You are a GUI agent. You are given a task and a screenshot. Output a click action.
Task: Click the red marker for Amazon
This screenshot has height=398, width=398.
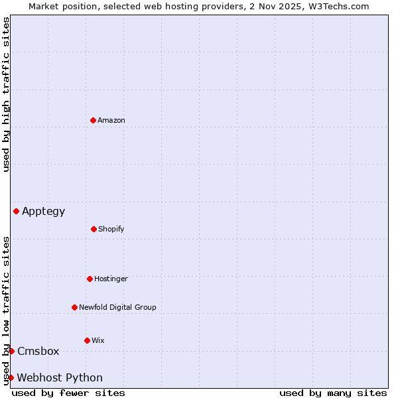[93, 120]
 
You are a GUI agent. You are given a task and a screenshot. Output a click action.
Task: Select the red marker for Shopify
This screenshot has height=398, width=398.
[94, 229]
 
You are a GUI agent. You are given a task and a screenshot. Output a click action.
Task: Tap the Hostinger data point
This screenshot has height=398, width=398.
[90, 279]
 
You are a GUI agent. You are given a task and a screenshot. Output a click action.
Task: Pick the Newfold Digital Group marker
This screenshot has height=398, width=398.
[74, 307]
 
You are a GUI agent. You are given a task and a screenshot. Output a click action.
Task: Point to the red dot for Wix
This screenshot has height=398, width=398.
[87, 340]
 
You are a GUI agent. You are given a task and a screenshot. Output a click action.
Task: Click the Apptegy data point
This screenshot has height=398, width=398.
[16, 211]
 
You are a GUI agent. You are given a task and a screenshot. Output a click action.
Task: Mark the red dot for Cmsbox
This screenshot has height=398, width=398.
[11, 351]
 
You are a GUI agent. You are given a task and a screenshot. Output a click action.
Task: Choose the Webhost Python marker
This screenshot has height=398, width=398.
[11, 377]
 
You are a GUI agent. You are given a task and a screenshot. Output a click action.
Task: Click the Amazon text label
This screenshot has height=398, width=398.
[111, 120]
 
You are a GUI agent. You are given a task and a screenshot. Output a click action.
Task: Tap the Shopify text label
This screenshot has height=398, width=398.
[111, 229]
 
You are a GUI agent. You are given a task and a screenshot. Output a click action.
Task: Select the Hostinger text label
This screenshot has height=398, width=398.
[111, 279]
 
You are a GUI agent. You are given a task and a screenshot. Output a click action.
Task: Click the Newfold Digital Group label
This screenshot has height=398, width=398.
[117, 307]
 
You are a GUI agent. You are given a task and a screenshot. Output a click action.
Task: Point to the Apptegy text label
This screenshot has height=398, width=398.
[44, 212]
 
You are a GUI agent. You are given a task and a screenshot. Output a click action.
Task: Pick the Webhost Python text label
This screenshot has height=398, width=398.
[60, 378]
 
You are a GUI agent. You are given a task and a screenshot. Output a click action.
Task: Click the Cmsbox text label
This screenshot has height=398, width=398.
[38, 352]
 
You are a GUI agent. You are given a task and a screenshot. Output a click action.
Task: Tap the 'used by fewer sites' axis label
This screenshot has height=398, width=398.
[68, 393]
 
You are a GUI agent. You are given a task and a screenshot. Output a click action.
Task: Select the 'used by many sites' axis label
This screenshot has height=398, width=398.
[333, 393]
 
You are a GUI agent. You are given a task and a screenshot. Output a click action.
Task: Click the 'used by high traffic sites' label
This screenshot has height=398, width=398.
[6, 94]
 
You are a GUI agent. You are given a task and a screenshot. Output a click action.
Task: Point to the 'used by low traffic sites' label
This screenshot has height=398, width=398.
[6, 310]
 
